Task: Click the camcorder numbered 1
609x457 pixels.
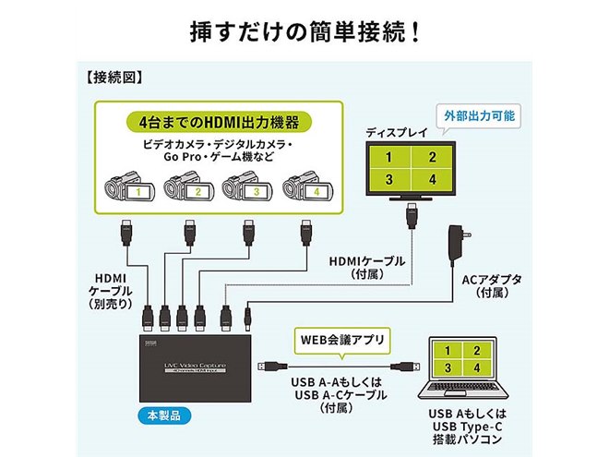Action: point(130,187)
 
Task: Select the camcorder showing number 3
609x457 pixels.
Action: point(247,187)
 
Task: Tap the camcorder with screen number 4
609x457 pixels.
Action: point(307,187)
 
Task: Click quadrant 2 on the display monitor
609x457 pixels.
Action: point(432,157)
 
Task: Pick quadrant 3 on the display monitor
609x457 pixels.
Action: point(389,179)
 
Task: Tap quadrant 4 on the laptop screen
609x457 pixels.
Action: point(477,367)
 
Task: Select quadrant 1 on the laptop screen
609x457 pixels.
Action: point(448,351)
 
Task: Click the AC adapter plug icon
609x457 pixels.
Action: point(459,242)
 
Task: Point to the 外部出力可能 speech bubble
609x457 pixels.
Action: point(479,116)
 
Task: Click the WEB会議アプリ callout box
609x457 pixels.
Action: point(342,342)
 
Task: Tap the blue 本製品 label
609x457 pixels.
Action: point(164,415)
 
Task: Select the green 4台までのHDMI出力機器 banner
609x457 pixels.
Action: point(219,123)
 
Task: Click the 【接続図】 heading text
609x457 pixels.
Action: point(113,78)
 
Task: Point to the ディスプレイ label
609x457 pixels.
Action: point(396,133)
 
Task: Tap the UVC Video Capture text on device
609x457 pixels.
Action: point(195,366)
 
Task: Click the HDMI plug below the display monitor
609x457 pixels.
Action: point(412,216)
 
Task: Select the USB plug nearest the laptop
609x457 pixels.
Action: point(405,367)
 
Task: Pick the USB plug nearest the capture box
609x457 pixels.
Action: point(272,367)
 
